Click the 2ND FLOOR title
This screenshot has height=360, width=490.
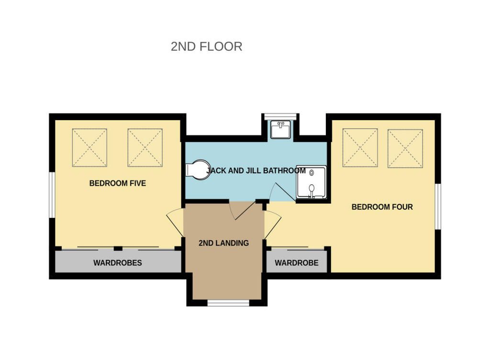[206, 46]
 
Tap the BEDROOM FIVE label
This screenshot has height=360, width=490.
[118, 183]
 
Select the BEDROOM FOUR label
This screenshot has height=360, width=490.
[382, 207]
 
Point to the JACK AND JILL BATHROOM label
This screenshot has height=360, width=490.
[256, 170]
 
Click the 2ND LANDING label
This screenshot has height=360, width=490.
[224, 243]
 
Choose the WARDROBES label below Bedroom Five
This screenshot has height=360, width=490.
[118, 263]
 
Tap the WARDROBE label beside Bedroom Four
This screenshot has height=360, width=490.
[297, 263]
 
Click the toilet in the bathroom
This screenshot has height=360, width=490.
[198, 170]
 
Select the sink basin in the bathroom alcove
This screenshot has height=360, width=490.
[280, 129]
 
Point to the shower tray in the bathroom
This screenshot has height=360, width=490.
[311, 182]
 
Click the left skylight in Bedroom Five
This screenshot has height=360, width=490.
[89, 147]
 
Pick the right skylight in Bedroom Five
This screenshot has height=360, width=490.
[145, 147]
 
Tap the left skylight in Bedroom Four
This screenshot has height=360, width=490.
[360, 148]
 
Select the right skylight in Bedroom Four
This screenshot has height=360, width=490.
[405, 148]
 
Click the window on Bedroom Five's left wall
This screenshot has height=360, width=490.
[52, 195]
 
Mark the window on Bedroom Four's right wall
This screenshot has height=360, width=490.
[438, 206]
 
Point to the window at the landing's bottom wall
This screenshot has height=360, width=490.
[228, 303]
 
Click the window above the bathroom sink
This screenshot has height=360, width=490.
[280, 116]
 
